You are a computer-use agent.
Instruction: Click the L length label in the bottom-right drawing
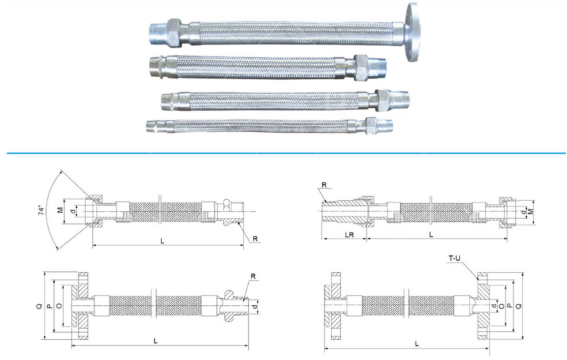[417, 343]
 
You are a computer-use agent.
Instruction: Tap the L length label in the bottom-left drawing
[155, 341]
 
